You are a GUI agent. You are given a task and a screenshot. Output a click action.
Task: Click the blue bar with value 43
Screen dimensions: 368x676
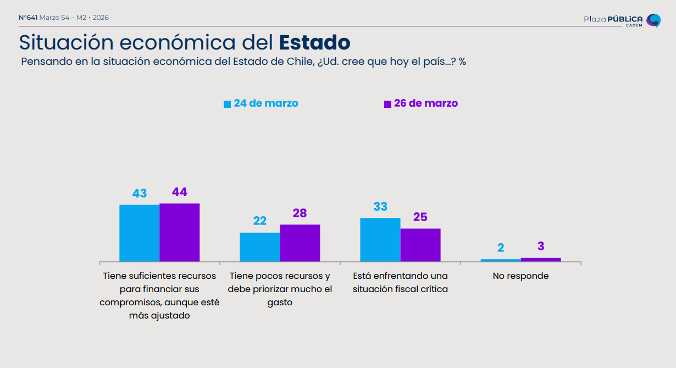140,233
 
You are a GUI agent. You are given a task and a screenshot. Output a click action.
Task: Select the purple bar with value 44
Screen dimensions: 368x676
180,232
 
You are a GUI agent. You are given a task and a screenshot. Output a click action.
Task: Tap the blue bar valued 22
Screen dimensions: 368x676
260,247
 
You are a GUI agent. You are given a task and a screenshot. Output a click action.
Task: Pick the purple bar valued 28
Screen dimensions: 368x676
300,243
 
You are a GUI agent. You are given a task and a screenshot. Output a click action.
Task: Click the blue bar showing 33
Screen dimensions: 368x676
380,239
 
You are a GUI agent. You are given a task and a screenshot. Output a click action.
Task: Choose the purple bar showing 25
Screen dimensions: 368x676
420,245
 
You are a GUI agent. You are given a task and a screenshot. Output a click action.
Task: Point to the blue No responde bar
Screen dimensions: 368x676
501,260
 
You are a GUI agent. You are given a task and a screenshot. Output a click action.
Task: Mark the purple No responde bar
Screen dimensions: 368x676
541,260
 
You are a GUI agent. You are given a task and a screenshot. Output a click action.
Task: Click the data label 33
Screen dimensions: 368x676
380,207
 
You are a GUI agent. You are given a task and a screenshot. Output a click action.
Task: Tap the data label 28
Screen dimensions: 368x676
300,213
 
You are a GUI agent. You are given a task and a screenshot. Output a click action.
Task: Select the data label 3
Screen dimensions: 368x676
541,246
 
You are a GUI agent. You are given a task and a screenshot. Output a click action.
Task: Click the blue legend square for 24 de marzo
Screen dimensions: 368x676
227,104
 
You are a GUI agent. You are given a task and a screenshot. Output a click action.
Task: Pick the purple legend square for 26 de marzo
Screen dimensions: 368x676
387,104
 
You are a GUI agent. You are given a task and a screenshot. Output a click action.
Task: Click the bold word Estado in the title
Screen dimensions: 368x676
314,42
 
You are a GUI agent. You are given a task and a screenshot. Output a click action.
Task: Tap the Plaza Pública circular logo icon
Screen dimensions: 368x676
653,20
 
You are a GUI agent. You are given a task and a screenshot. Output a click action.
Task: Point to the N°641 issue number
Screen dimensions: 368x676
28,18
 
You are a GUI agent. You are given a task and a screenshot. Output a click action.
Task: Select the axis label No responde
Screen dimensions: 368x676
520,276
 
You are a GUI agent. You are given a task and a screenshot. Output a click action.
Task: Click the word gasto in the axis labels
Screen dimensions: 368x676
280,303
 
